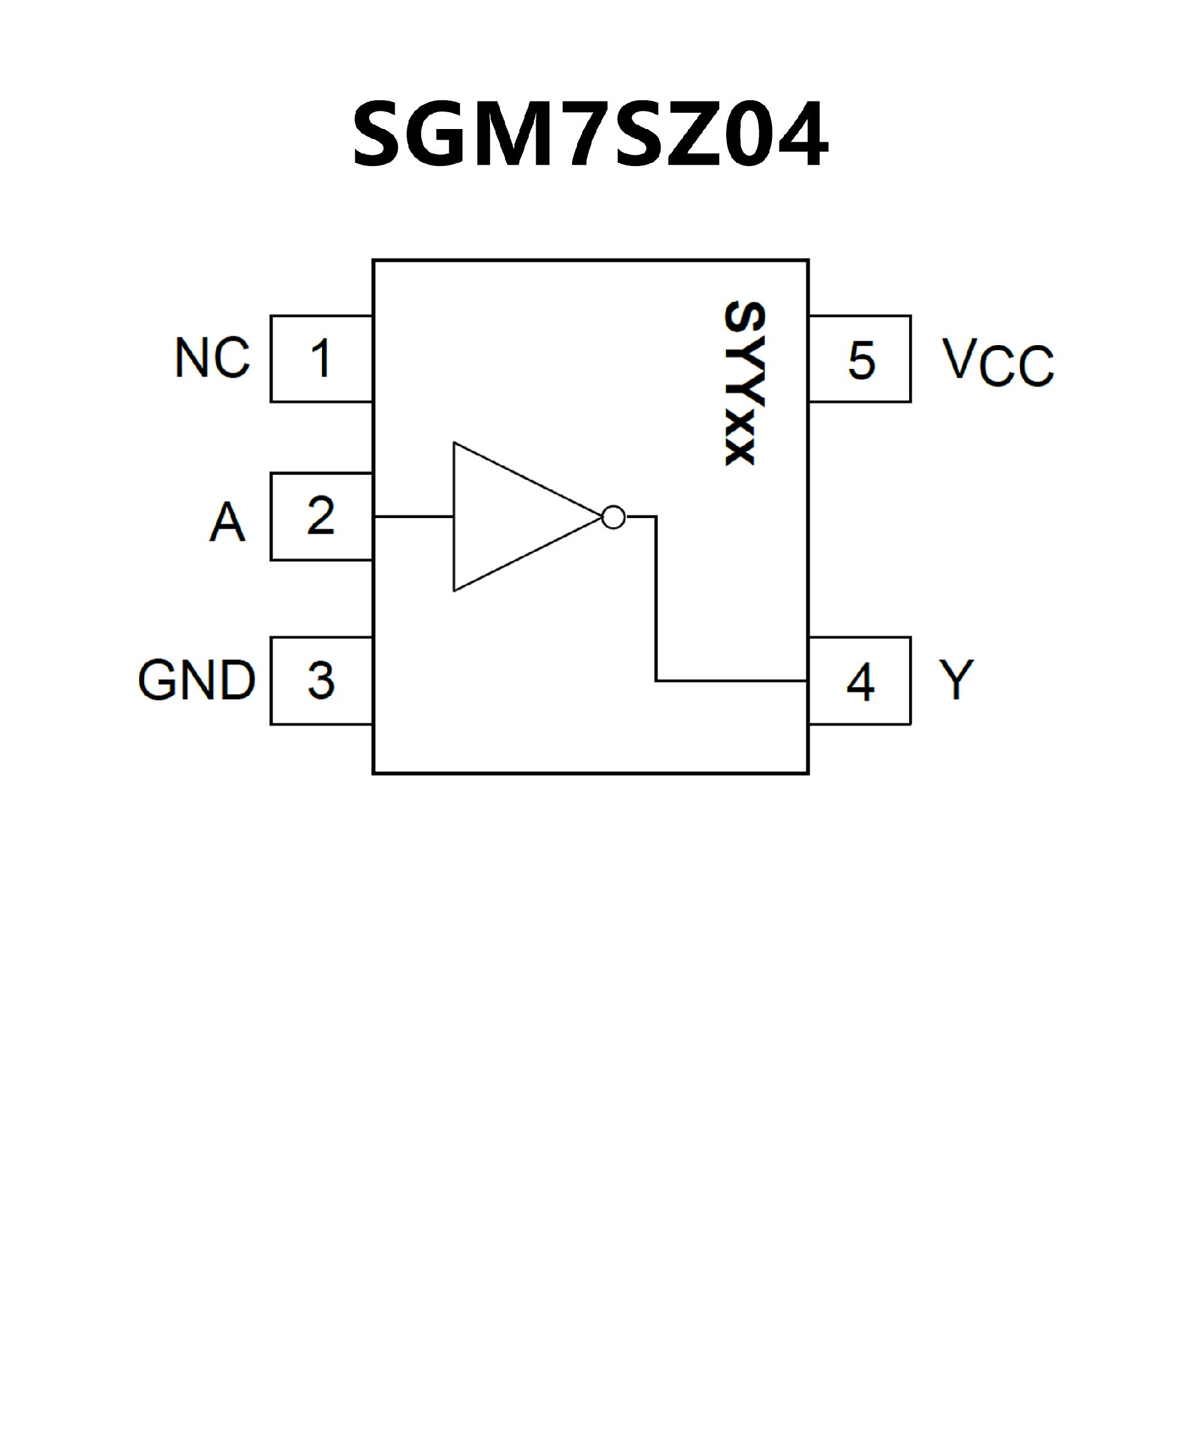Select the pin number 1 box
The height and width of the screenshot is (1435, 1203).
[321, 359]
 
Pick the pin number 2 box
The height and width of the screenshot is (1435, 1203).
[321, 517]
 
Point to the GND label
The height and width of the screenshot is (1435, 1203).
[197, 681]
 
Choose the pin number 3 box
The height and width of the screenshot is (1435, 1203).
[321, 681]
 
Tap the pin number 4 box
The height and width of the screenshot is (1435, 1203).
[859, 681]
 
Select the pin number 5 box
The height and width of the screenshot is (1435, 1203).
[859, 359]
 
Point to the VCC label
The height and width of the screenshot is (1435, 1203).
[998, 361]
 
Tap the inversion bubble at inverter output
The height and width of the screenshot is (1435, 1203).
[614, 517]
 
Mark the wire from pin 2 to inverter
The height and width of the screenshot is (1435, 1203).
[413, 517]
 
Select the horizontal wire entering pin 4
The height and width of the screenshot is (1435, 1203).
[731, 681]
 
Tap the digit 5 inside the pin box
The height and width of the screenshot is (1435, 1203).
[862, 360]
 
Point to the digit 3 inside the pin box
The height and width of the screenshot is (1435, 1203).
[321, 681]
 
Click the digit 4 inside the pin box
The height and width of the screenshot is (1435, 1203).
[860, 682]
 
